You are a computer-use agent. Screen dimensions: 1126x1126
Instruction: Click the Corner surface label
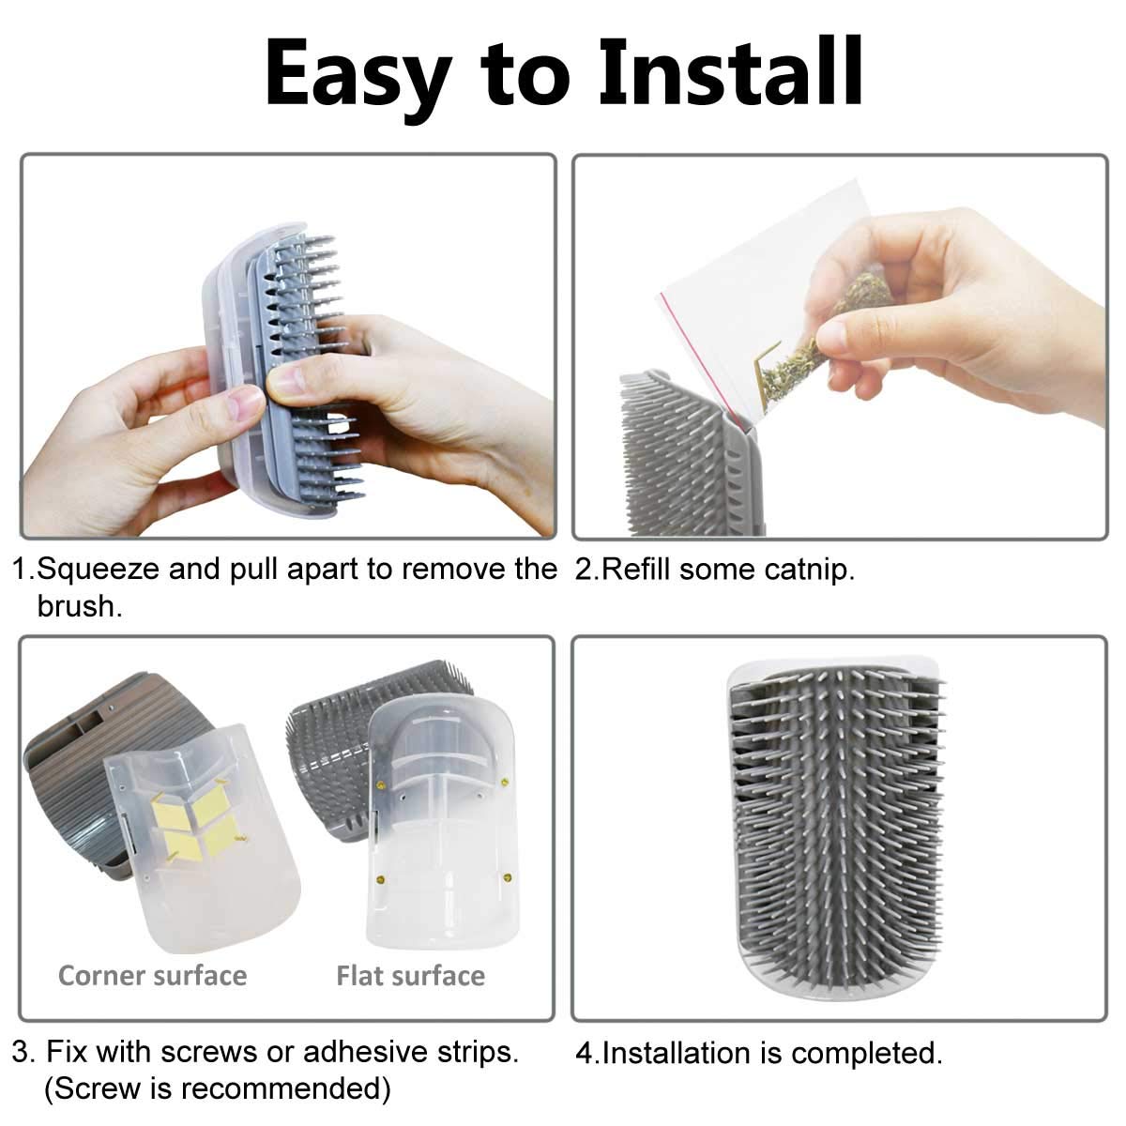coord(152,975)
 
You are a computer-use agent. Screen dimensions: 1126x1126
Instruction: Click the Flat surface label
coord(410,975)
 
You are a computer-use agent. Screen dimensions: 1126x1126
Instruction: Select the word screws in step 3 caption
coord(211,1052)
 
